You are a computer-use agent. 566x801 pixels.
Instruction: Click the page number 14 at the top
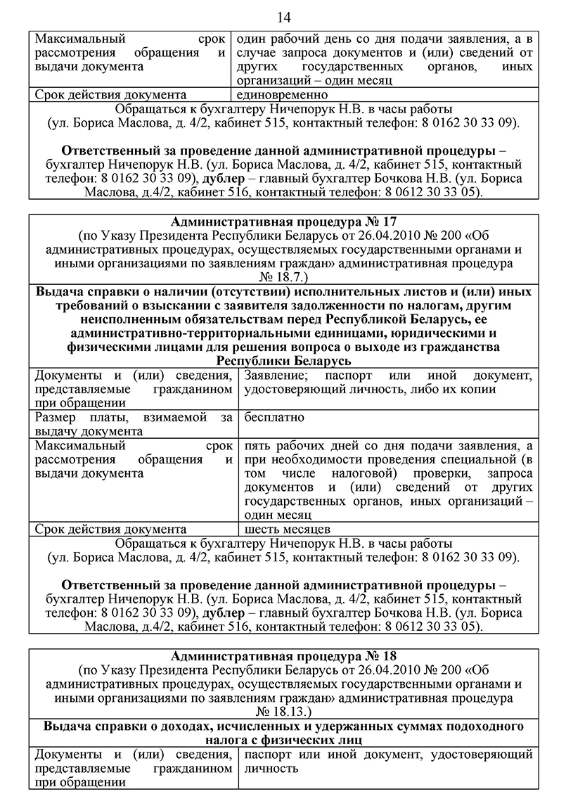tap(283, 17)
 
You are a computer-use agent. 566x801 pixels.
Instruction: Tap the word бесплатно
tap(274, 418)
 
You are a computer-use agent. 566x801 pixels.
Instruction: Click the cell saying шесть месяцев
tap(284, 528)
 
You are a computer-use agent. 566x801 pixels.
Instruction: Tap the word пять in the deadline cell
tap(256, 445)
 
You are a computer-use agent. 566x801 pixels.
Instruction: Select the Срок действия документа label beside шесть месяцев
tap(110, 528)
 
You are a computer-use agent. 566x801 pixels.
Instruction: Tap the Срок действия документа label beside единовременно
tap(110, 94)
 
